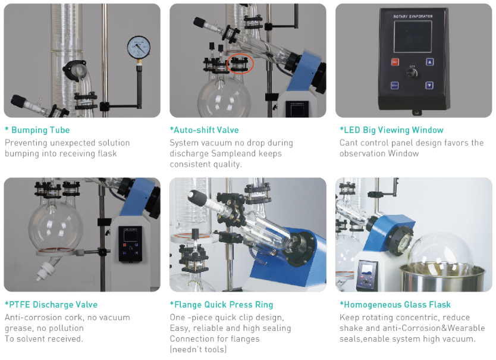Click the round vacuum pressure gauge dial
pos(139,47)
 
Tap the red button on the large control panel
pos(395,62)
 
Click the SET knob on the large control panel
pos(412,73)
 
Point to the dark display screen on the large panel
pos(413,36)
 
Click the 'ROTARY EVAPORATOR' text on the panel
pos(413,16)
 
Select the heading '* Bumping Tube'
pos(37,130)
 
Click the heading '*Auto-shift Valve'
pos(205,130)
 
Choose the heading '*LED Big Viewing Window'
pos(391,130)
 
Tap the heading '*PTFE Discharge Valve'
pos(51,305)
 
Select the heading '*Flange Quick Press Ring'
pos(221,305)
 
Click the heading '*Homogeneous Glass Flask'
pos(395,305)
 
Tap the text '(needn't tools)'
pos(198,349)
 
